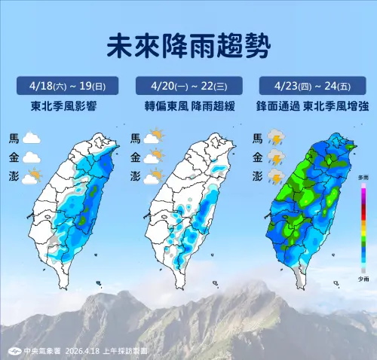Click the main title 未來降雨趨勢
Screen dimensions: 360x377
(188, 46)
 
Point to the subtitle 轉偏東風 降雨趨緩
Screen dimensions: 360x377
(188, 107)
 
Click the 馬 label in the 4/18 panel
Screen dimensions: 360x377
(13, 139)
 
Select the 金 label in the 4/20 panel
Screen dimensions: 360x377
(136, 157)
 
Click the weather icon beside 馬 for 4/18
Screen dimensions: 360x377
(32, 139)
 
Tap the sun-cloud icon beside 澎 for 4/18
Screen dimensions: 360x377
(32, 178)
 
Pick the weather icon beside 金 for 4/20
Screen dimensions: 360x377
(154, 157)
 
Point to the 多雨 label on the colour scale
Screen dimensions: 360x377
(363, 177)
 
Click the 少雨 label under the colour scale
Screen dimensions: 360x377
(363, 278)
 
